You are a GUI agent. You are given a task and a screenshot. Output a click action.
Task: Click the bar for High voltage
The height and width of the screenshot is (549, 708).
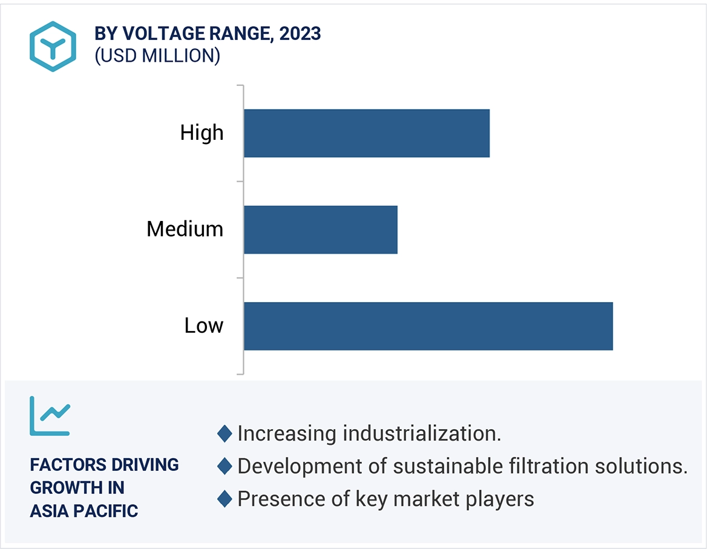tap(366, 133)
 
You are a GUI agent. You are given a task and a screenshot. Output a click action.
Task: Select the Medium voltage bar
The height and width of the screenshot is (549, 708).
tap(321, 229)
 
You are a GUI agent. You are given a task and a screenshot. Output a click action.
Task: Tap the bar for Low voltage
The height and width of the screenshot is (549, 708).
tap(428, 326)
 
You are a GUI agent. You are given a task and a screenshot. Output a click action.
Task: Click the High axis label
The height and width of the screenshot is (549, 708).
tap(202, 133)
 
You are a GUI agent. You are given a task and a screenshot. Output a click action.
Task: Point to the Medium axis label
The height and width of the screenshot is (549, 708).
tap(185, 229)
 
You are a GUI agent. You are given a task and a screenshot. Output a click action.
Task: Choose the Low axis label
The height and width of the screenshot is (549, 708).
tap(204, 326)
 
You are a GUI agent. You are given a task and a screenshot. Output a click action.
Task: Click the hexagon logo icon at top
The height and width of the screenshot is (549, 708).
tap(53, 47)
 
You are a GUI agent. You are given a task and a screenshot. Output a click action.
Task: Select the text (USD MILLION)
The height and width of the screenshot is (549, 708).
tap(157, 56)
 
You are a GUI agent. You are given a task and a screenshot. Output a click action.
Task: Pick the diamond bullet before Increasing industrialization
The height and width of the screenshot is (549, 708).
tap(225, 433)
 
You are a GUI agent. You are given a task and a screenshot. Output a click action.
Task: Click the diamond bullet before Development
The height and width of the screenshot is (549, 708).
tap(225, 466)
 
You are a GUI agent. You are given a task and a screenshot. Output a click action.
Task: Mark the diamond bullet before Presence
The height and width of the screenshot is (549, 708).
tap(225, 499)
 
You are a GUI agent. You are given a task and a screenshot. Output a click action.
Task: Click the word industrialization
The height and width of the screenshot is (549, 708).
tap(422, 433)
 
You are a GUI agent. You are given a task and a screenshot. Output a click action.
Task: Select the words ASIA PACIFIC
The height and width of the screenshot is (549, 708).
tap(84, 511)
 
